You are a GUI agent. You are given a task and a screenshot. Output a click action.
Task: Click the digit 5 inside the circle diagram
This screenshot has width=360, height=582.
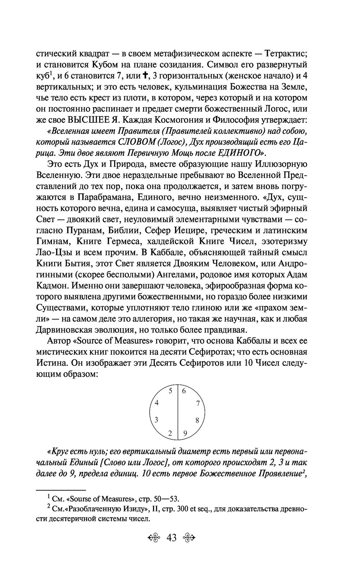[171, 391]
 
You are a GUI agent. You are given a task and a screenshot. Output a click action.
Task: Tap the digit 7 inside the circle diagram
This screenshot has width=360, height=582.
[198, 404]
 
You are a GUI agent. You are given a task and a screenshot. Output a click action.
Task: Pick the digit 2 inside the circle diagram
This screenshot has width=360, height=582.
[170, 434]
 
